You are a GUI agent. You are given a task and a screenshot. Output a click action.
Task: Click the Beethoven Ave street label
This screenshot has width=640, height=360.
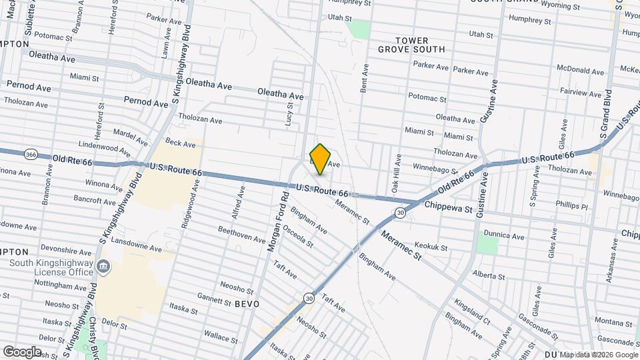241,235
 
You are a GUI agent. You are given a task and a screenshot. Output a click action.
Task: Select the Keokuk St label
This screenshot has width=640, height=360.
430,247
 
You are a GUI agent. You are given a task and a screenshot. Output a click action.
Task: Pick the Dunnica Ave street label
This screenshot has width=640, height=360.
503,235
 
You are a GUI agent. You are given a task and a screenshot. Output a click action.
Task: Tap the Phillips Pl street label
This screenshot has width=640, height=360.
571,206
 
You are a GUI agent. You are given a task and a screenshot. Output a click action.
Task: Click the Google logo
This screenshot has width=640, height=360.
22,352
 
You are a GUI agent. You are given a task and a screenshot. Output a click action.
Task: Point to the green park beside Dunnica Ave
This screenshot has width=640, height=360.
488,243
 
